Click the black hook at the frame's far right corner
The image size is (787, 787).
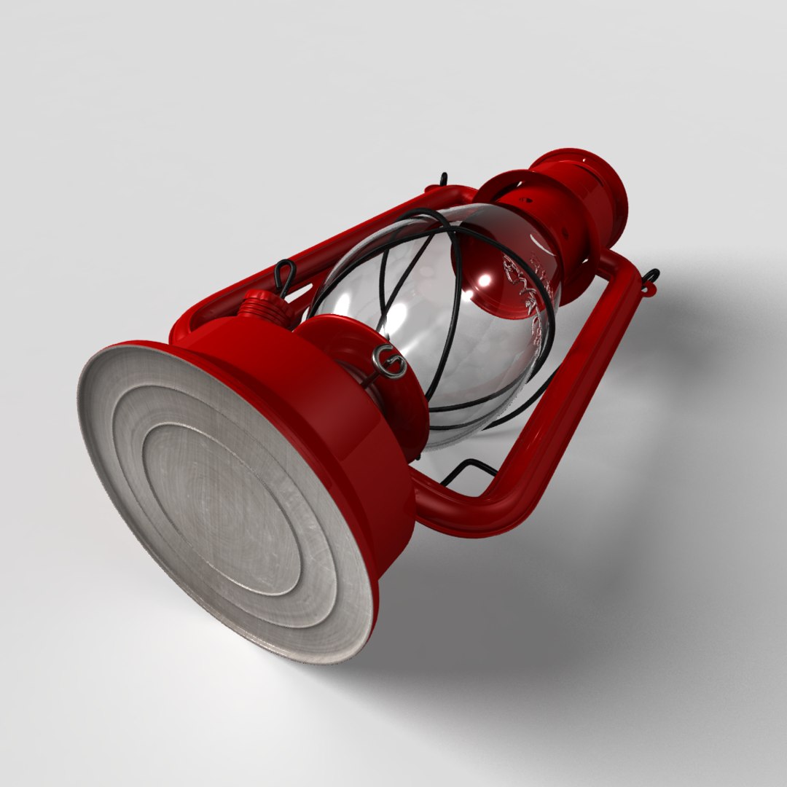tap(650, 278)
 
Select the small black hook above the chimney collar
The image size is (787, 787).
tap(443, 179)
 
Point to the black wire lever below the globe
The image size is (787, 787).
tap(466, 470)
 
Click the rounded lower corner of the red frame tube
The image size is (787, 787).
tap(503, 510)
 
